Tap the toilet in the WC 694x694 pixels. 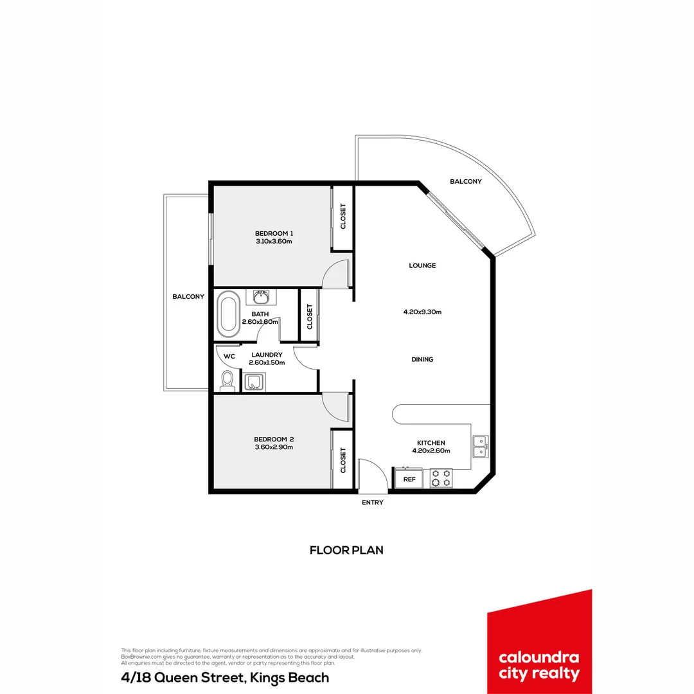pyautogui.click(x=227, y=380)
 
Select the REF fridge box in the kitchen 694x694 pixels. pyautogui.click(x=409, y=479)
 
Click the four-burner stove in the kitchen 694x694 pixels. pyautogui.click(x=441, y=478)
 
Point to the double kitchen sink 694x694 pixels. pyautogui.click(x=479, y=446)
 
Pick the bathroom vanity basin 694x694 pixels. pyautogui.click(x=261, y=297)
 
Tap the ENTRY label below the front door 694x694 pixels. pyautogui.click(x=372, y=503)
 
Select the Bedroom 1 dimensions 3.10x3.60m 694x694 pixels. pyautogui.click(x=274, y=242)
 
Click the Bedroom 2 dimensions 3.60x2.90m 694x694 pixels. pyautogui.click(x=274, y=447)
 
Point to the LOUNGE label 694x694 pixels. pyautogui.click(x=422, y=265)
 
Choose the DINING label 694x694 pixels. pyautogui.click(x=422, y=359)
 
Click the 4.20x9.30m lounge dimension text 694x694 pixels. pyautogui.click(x=422, y=312)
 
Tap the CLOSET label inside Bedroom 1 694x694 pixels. pyautogui.click(x=343, y=217)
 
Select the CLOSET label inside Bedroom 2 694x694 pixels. pyautogui.click(x=343, y=460)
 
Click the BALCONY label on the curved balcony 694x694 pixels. pyautogui.click(x=465, y=182)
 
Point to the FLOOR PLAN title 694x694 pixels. pyautogui.click(x=346, y=550)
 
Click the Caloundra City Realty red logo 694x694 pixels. pyautogui.click(x=539, y=643)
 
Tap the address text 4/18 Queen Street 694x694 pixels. pyautogui.click(x=225, y=677)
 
